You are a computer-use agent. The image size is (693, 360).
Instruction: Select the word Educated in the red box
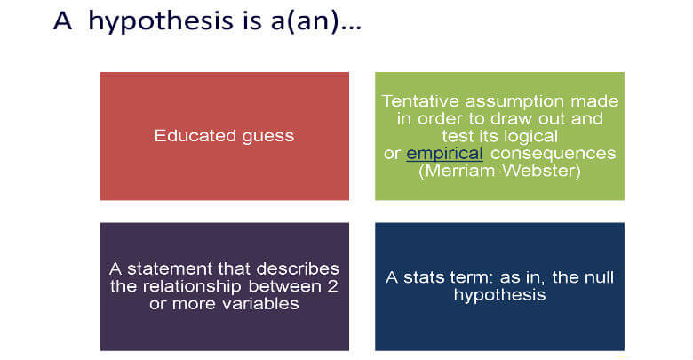[x=189, y=135]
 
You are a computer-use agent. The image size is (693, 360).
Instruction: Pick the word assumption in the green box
[x=514, y=102]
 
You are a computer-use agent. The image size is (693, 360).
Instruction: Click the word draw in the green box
[x=514, y=118]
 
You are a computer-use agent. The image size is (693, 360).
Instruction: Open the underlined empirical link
[x=444, y=154]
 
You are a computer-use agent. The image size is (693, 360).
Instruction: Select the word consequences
[x=554, y=154]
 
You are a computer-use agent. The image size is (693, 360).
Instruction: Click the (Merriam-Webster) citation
[x=500, y=171]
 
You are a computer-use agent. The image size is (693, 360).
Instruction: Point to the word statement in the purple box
[x=163, y=269]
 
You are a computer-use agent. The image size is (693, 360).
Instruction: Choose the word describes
[x=298, y=269]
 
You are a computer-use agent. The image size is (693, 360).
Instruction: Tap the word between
[x=285, y=286]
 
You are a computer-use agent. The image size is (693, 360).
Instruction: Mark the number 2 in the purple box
[x=333, y=286]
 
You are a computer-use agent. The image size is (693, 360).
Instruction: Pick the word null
[x=599, y=277]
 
